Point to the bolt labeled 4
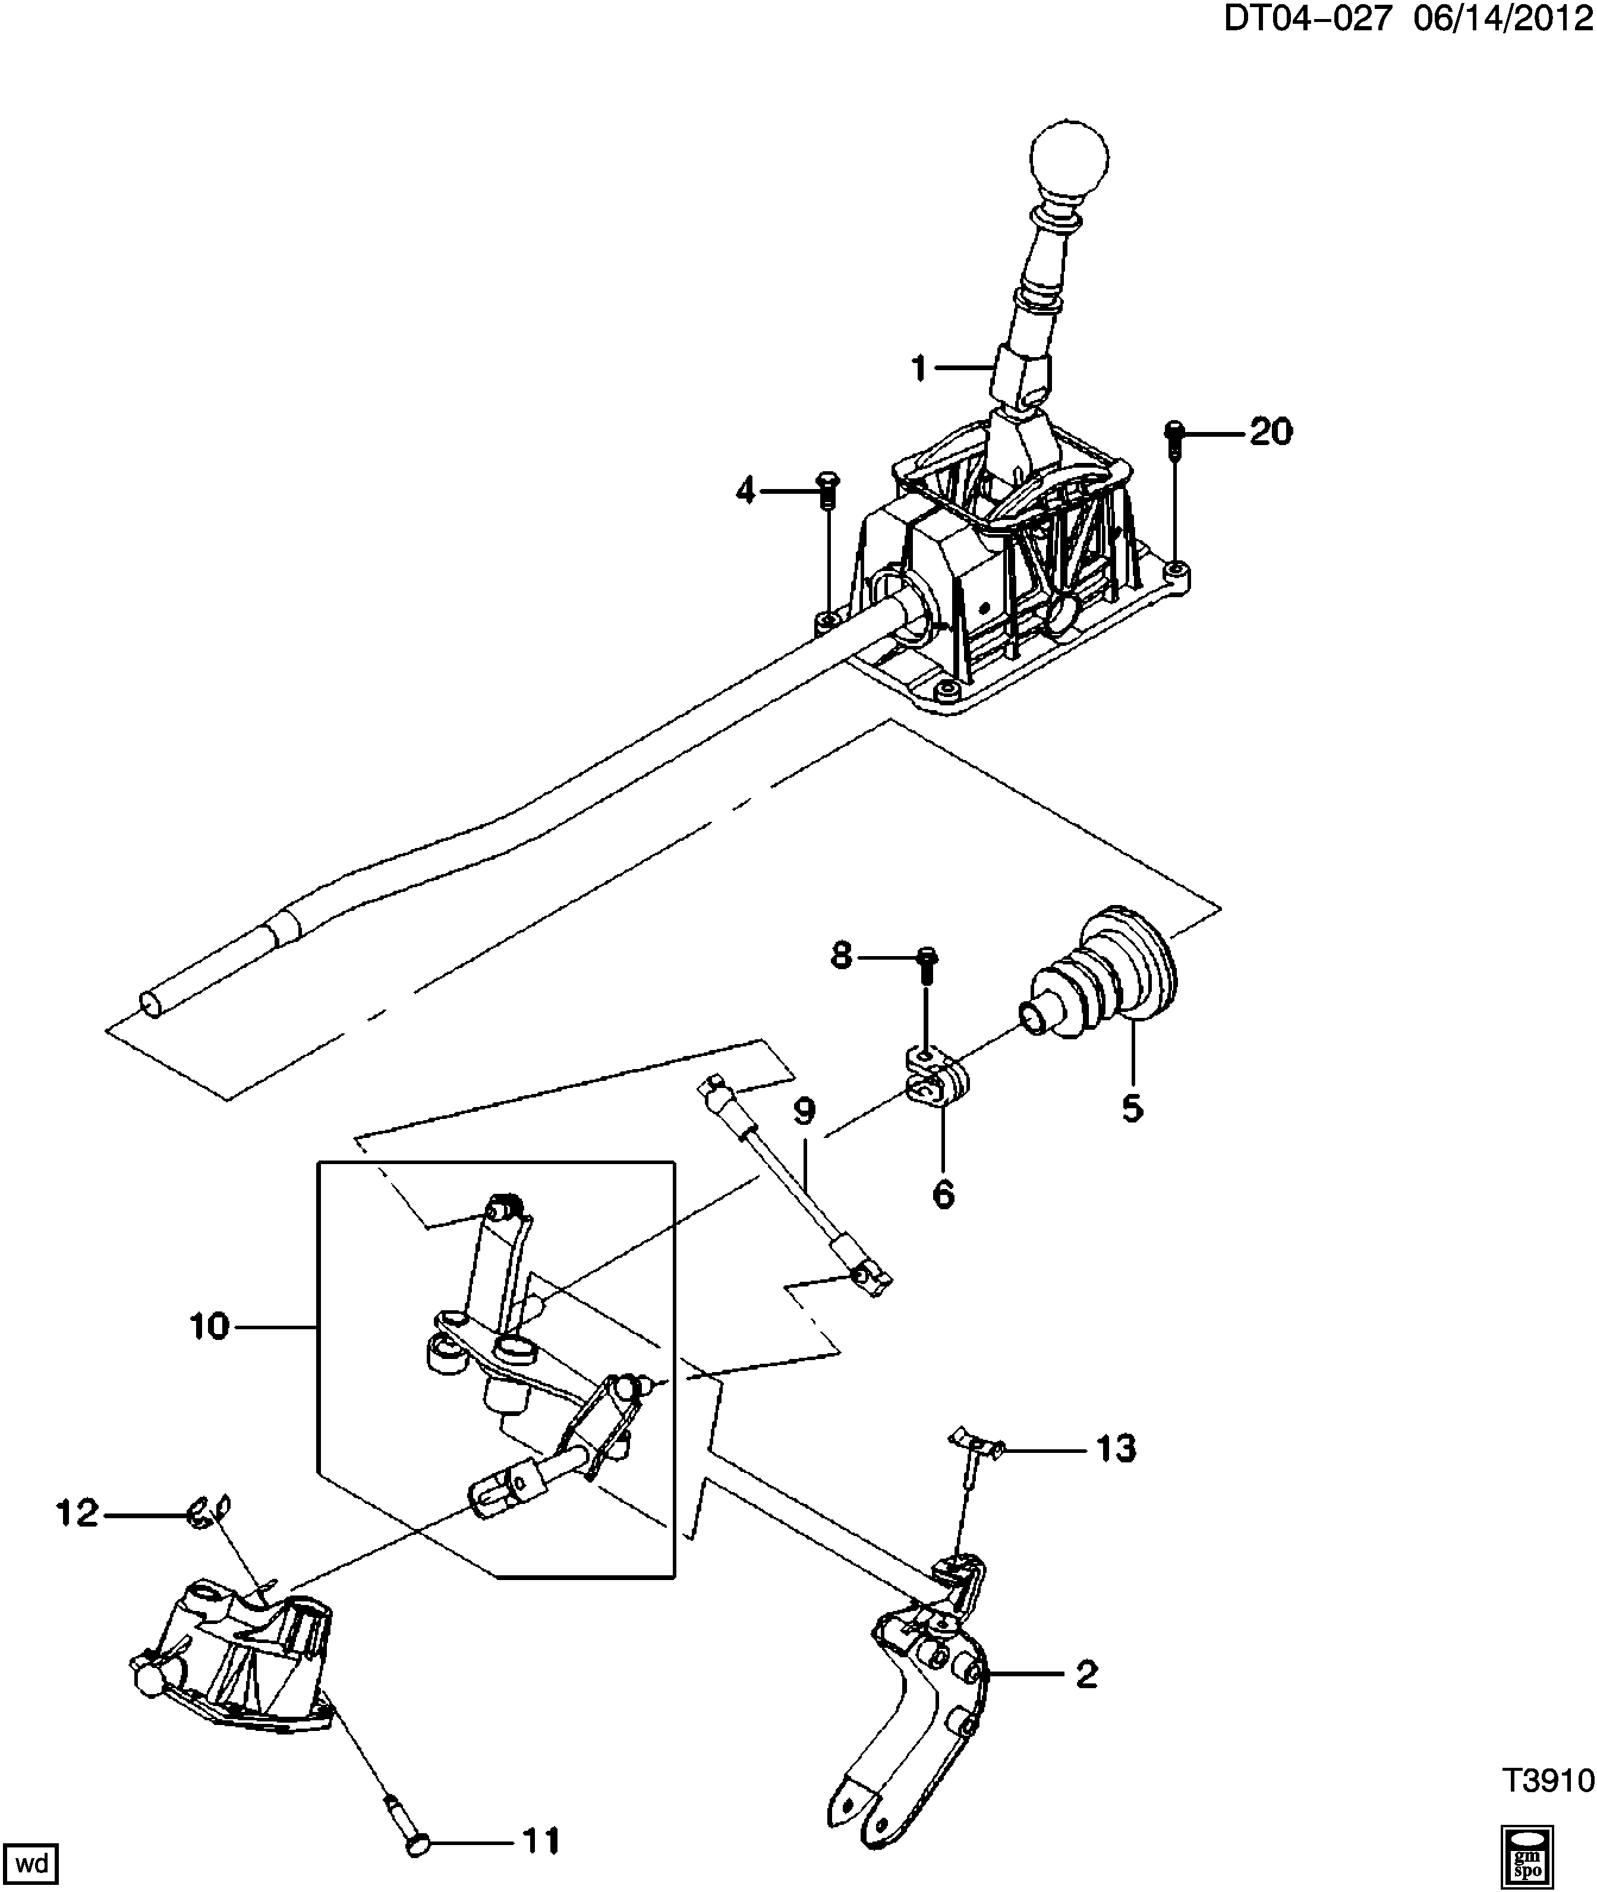pos(827,491)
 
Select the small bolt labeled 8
pos(928,966)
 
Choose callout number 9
pos(805,1112)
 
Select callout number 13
pos(1116,1449)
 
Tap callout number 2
pos(1086,1674)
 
